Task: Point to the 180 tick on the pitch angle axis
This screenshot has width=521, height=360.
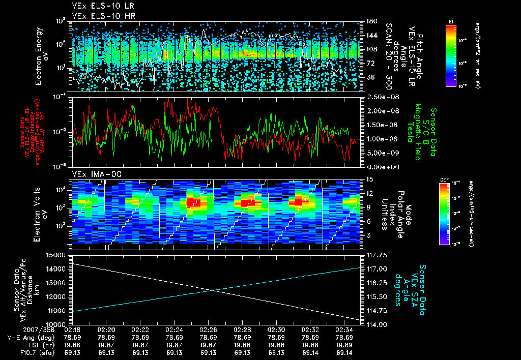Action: pyautogui.click(x=370, y=21)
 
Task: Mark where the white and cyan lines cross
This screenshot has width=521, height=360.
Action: pyautogui.click(x=211, y=290)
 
